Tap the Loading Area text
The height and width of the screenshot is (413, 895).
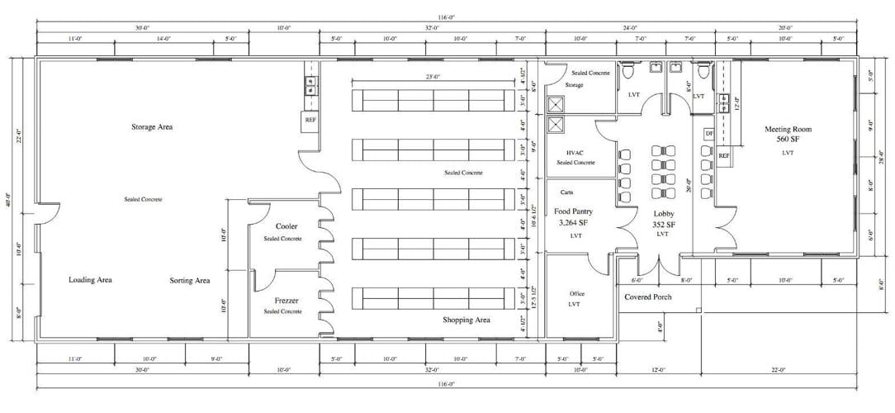(x=90, y=280)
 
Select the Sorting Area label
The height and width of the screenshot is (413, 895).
(x=190, y=281)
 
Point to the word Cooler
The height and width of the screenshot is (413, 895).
(x=287, y=226)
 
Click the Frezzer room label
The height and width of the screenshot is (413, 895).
(x=287, y=300)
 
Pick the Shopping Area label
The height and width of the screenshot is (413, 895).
(x=466, y=320)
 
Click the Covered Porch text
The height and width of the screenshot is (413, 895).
(x=648, y=297)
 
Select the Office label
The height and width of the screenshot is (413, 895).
(x=577, y=293)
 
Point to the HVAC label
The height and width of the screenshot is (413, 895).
(x=575, y=153)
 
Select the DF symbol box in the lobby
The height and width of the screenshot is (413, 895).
(x=708, y=133)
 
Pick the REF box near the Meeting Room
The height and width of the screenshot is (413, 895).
(x=724, y=155)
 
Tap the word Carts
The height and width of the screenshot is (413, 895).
(x=566, y=192)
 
